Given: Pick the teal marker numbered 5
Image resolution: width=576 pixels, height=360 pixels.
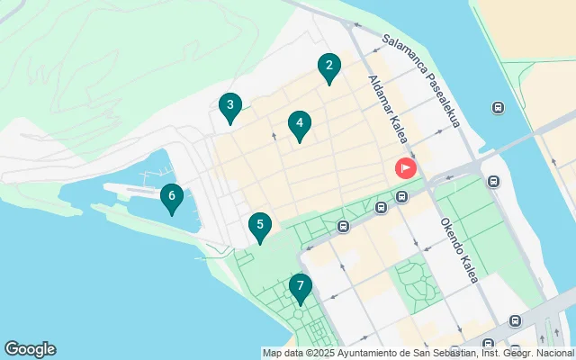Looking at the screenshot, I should click(259, 226).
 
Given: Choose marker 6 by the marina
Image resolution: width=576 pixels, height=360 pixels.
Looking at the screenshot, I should click(171, 197).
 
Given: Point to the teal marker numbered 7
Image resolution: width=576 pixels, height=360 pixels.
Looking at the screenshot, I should click(300, 288).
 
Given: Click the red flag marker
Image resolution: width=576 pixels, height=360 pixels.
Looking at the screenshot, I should click(406, 167).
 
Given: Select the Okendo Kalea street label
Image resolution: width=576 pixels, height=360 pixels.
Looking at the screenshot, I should click(458, 250).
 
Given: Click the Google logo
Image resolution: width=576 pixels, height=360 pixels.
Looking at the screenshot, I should click(30, 349).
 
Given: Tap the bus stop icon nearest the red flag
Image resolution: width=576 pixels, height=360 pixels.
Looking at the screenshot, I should click(401, 196).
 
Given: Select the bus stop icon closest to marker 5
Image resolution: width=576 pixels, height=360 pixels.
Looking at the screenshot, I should click(343, 227).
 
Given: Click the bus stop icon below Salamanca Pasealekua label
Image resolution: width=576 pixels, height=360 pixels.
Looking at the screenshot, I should click(497, 108).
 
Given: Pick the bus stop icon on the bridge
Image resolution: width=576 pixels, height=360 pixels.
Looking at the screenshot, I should click(493, 181).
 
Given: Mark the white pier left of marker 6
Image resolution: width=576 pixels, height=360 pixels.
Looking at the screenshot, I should click(135, 191).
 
